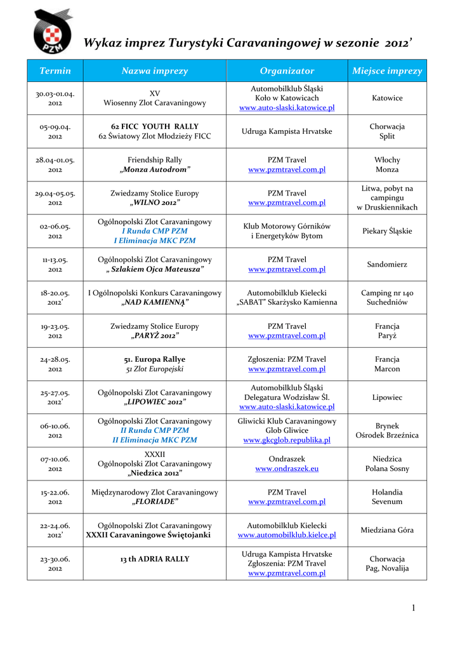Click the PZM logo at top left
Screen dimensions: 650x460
click(53, 32)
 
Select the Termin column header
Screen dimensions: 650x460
click(55, 71)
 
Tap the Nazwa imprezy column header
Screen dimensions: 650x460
click(155, 71)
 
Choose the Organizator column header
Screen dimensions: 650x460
click(287, 71)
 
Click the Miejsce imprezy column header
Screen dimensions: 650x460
click(387, 71)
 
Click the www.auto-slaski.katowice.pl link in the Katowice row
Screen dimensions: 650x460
click(287, 109)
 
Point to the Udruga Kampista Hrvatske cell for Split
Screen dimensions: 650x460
click(287, 131)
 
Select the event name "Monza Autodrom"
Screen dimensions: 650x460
click(155, 170)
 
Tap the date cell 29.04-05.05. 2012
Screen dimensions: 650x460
click(55, 198)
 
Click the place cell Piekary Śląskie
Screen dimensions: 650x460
click(387, 231)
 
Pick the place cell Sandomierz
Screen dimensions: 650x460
click(387, 265)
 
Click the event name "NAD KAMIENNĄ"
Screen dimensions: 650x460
click(155, 303)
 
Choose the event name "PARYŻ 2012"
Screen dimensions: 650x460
click(155, 336)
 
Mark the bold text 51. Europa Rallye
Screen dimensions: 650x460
click(155, 359)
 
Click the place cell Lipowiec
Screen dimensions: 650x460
click(387, 397)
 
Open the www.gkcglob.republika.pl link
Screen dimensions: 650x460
click(287, 440)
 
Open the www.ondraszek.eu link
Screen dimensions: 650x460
click(287, 468)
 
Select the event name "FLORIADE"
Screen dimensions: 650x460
click(155, 502)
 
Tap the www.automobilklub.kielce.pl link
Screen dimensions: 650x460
click(287, 536)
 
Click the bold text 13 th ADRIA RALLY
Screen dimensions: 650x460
click(155, 559)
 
